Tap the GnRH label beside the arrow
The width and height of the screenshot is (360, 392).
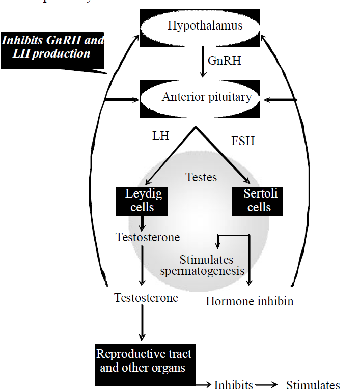pyautogui.click(x=224, y=61)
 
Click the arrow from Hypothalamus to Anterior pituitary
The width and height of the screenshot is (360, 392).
pyautogui.click(x=203, y=61)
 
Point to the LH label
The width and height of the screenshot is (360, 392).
pyautogui.click(x=160, y=136)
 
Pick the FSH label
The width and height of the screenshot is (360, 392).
pyautogui.click(x=243, y=141)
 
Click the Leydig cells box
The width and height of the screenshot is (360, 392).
pyautogui.click(x=140, y=200)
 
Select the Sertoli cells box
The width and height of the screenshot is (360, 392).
pyautogui.click(x=257, y=200)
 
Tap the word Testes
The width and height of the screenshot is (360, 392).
pyautogui.click(x=201, y=177)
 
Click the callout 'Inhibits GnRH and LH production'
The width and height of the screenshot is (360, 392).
pyautogui.click(x=53, y=47)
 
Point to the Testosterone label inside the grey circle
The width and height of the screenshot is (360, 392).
pyautogui.click(x=148, y=237)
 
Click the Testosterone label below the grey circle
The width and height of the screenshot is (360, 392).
pyautogui.click(x=146, y=298)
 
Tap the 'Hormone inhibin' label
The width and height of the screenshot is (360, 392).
pyautogui.click(x=250, y=301)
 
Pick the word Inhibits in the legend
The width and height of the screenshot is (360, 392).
pyautogui.click(x=233, y=385)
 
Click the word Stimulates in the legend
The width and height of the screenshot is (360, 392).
pyautogui.click(x=313, y=385)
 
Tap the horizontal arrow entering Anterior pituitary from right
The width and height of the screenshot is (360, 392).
pyautogui.click(x=280, y=100)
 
